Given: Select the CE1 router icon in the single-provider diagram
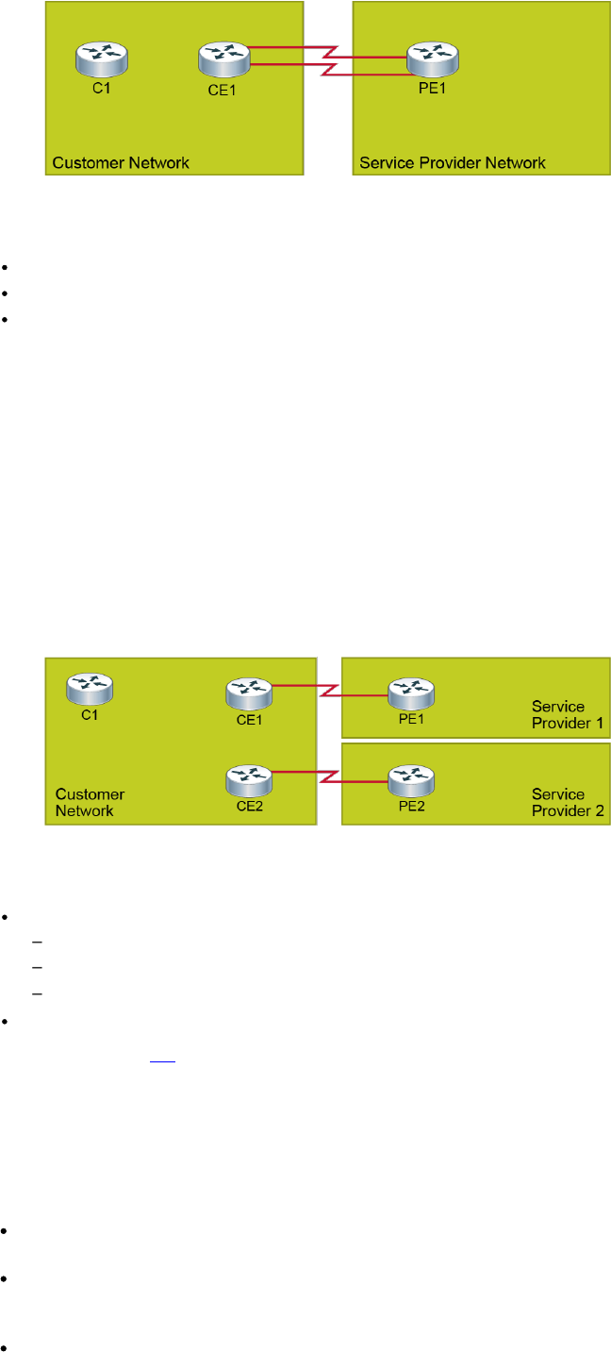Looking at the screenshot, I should (x=223, y=58).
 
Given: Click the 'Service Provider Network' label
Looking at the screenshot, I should (x=452, y=162).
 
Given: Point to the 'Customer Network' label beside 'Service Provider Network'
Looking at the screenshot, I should (x=121, y=162).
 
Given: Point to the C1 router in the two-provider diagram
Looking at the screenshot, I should (x=90, y=688).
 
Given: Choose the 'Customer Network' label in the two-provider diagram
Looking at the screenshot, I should (x=90, y=802).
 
